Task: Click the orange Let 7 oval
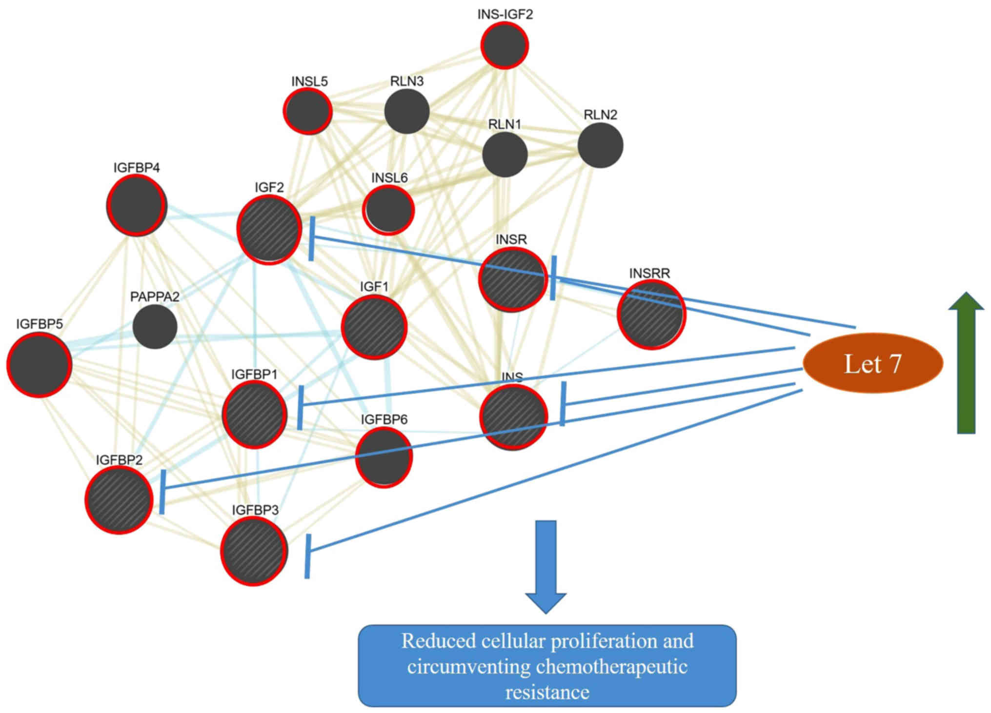(x=872, y=364)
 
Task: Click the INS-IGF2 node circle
(x=505, y=45)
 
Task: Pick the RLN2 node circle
(x=600, y=145)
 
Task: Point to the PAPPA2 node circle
(x=155, y=327)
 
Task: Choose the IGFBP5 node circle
(x=39, y=365)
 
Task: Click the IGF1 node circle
(x=374, y=327)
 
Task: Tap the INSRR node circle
(x=651, y=315)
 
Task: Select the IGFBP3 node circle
(x=254, y=551)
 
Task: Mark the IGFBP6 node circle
(x=384, y=457)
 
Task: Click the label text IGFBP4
(x=137, y=168)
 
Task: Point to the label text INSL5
(x=309, y=81)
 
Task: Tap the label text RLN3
(x=406, y=81)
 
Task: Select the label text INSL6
(x=389, y=178)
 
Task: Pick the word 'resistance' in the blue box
(x=547, y=692)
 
